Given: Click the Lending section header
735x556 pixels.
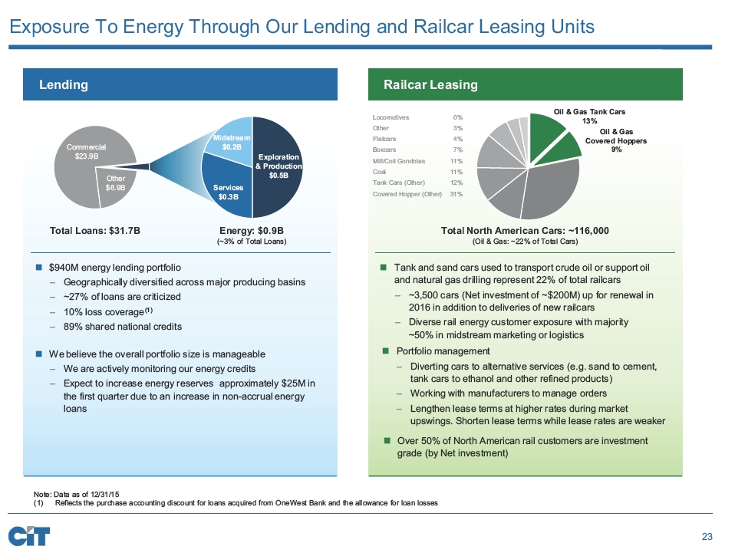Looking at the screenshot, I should coord(64,84).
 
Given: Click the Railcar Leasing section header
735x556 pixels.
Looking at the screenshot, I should coord(430,84).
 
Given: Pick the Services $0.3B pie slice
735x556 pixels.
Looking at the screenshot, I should coord(229,191).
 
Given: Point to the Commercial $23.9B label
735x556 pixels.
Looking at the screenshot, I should coord(86,151).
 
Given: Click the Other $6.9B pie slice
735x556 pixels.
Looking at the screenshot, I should coord(115,185).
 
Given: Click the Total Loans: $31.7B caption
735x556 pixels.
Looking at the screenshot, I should coord(95,229).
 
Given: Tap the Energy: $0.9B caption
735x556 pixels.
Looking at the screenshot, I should coord(252,229).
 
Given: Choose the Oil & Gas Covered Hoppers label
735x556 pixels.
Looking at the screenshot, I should coord(616,140).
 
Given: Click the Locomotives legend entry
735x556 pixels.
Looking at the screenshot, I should coord(391,117).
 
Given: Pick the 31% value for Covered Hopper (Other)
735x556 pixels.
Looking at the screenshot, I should coord(456,193).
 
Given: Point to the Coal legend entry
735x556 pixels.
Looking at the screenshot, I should coord(379,172).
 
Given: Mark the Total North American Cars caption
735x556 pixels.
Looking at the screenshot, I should coord(525,229).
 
